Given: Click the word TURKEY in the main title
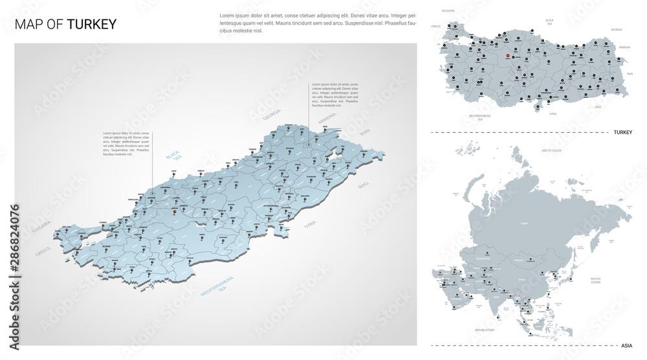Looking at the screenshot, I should click(x=92, y=25).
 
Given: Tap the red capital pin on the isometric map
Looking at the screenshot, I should click(x=173, y=210).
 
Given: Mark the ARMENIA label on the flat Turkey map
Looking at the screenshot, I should click(x=624, y=47).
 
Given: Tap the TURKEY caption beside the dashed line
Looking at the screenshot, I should click(x=622, y=132).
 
